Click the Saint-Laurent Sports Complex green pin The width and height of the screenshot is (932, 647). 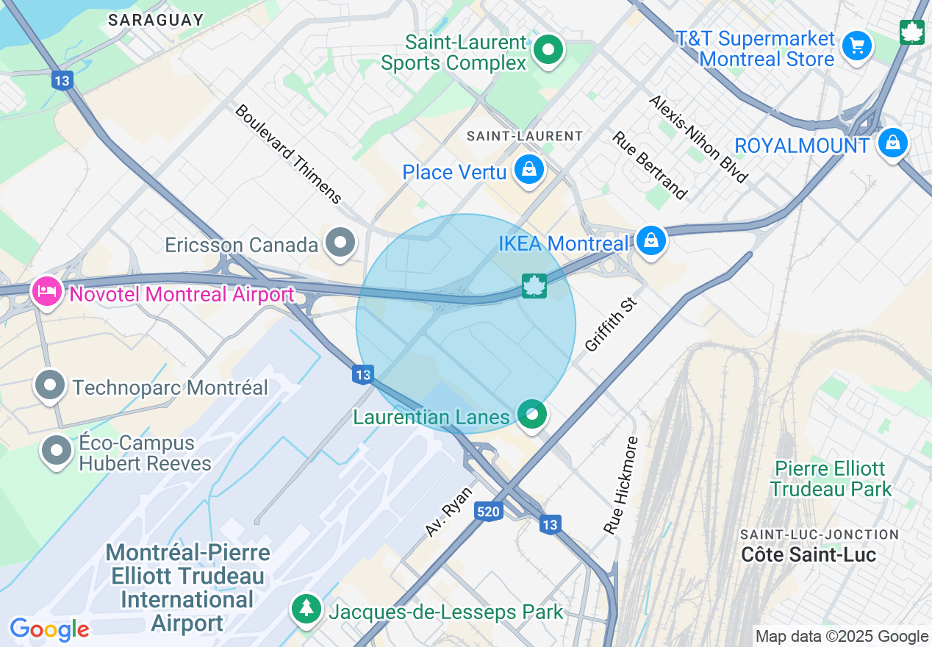(548, 51)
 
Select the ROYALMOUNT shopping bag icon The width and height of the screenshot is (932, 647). (892, 143)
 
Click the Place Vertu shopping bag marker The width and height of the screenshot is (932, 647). (528, 170)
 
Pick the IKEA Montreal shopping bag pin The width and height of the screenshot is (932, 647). (650, 240)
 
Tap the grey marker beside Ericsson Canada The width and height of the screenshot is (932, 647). (340, 243)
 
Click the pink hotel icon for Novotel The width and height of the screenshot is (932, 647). (47, 292)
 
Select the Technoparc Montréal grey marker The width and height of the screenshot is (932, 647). (51, 385)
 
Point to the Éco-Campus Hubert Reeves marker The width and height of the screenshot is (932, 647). (57, 451)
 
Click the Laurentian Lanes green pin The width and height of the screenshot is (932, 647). (532, 415)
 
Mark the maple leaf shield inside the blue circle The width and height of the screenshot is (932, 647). (534, 285)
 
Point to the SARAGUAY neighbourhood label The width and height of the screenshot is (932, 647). (156, 20)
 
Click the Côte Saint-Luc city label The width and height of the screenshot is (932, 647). (808, 554)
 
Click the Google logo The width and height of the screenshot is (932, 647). (49, 629)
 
